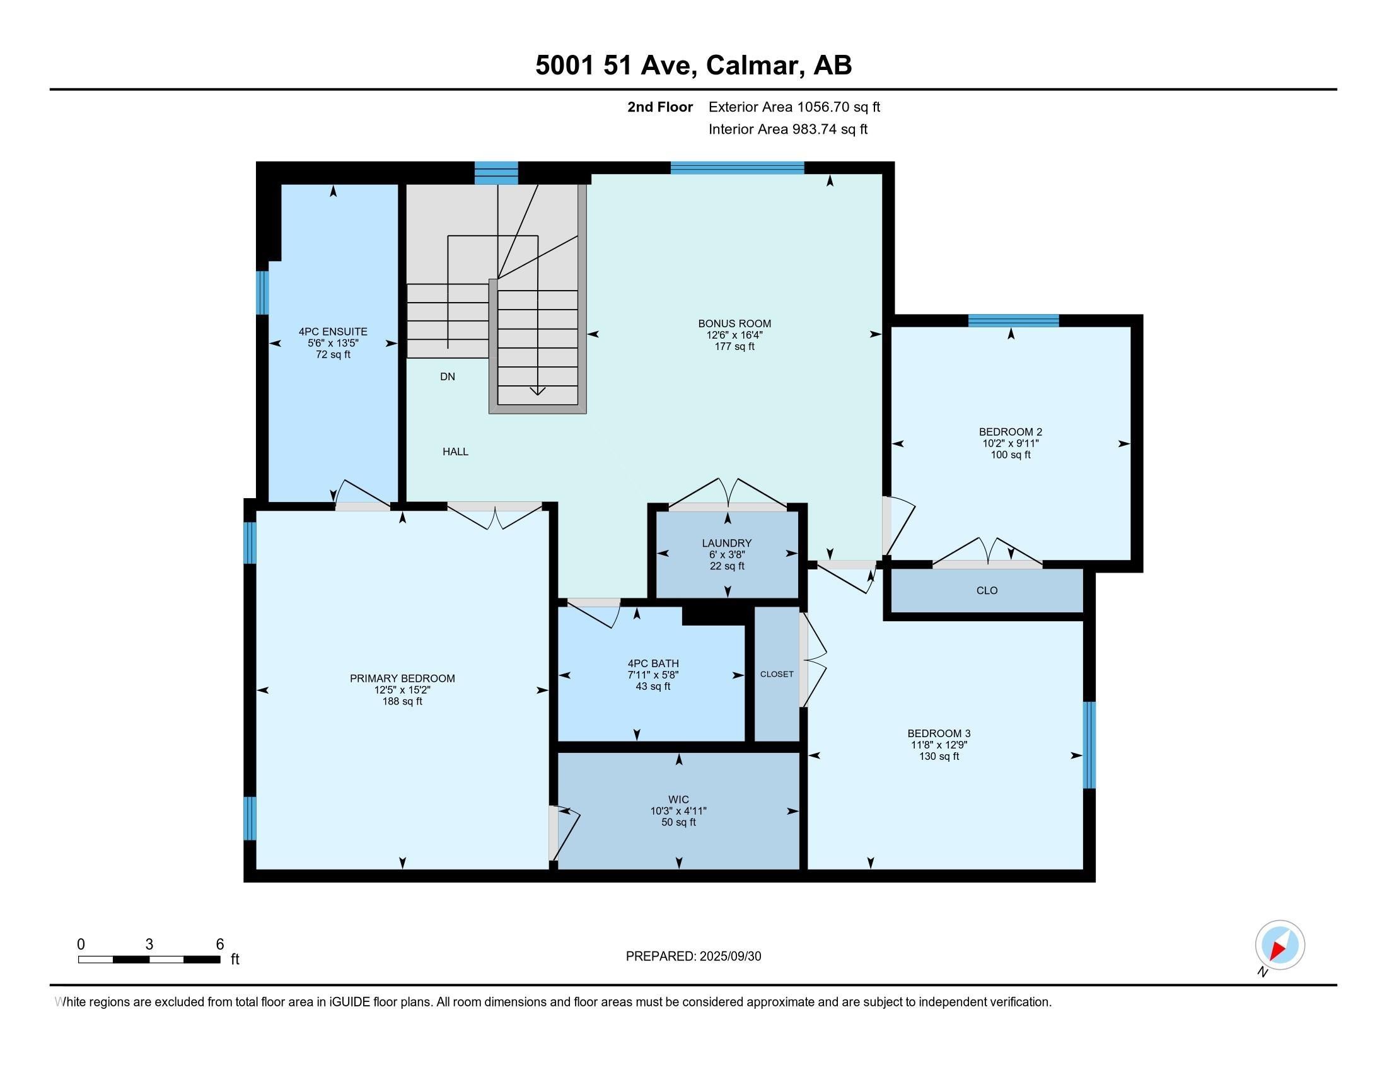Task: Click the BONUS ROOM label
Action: click(734, 323)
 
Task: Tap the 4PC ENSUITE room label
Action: click(333, 332)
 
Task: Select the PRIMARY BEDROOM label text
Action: click(402, 679)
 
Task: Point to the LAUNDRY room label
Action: click(726, 543)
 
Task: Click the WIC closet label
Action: click(678, 800)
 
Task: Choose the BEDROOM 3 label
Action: click(939, 733)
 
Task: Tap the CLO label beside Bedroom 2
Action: click(986, 591)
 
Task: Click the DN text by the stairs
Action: click(447, 376)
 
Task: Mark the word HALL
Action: click(455, 452)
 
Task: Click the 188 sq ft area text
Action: click(402, 702)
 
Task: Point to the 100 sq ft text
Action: click(1010, 455)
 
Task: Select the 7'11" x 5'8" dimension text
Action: click(653, 675)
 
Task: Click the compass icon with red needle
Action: click(1279, 945)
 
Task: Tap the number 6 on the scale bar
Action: click(220, 945)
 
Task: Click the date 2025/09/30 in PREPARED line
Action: click(729, 957)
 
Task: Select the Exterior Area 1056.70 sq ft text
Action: click(794, 107)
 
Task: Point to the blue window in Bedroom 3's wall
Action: click(1089, 744)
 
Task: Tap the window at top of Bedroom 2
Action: click(1013, 321)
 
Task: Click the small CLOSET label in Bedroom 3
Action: click(776, 674)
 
